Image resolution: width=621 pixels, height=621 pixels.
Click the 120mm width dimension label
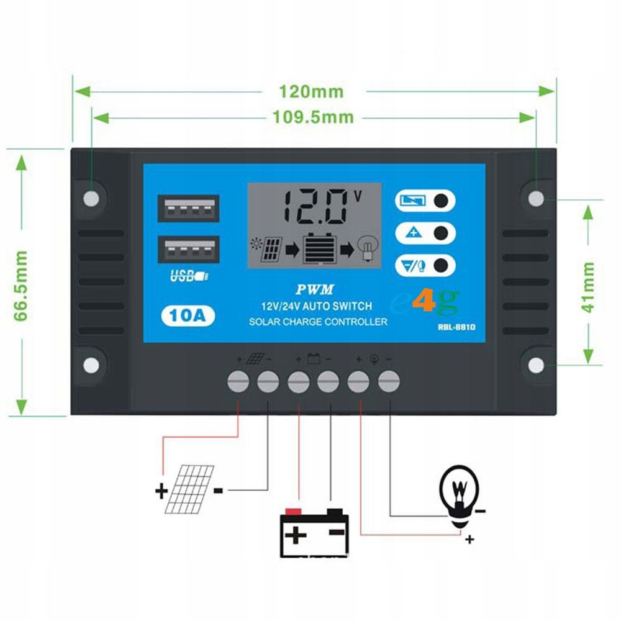click(310, 91)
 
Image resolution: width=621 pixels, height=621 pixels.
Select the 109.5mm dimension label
click(313, 117)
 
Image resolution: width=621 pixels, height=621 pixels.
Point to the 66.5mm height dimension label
click(22, 286)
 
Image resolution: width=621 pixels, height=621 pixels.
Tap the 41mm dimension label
click(588, 287)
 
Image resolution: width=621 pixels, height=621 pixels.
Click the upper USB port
click(188, 209)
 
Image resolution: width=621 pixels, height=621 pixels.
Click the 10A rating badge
click(188, 316)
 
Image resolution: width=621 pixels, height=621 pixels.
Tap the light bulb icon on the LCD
click(368, 248)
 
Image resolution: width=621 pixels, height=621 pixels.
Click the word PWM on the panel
click(315, 289)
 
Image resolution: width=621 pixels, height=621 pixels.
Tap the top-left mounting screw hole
click(91, 198)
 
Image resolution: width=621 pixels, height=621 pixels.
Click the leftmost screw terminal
click(239, 382)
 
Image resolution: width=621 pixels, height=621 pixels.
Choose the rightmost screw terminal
click(388, 382)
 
